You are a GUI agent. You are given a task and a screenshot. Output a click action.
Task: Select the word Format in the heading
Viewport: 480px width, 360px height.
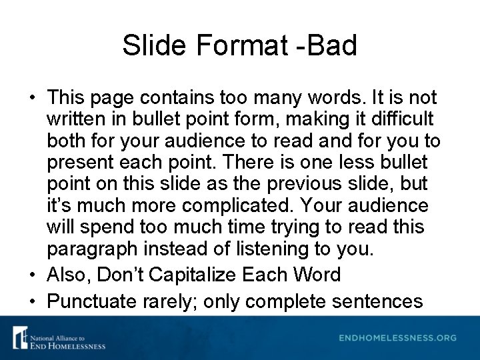[231, 45]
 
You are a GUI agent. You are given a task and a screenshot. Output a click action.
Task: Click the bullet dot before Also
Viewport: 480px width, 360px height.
[32, 275]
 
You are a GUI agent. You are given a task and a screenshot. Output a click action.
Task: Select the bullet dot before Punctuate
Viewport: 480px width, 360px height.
[32, 301]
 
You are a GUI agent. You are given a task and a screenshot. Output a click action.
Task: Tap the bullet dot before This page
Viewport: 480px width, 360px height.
[32, 98]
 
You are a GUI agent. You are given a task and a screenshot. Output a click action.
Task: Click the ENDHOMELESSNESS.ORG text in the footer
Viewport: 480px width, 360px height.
[397, 337]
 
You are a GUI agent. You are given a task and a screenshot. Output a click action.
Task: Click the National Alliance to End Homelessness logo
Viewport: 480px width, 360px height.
[59, 337]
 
